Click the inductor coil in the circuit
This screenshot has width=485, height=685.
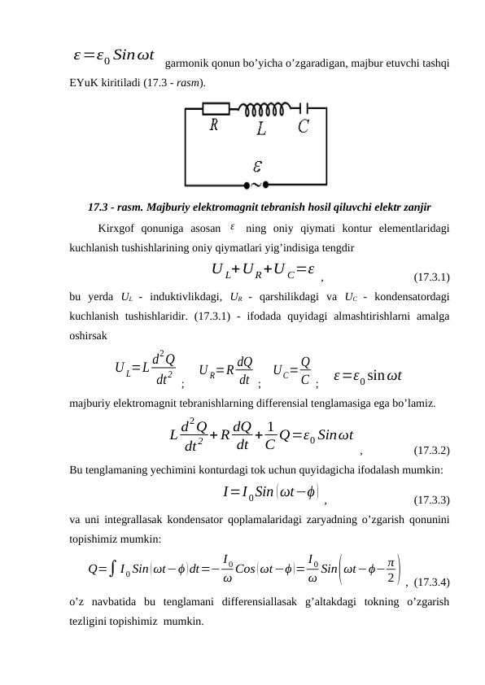click(260, 108)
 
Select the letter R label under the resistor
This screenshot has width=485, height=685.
click(214, 125)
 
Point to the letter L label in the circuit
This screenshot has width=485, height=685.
click(260, 129)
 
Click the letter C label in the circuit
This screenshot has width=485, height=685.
click(303, 126)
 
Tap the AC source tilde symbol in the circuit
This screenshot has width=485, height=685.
click(257, 183)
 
